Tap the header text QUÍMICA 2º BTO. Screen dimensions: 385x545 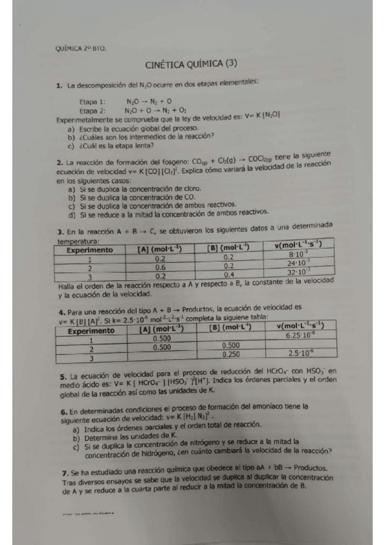(x=81, y=48)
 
